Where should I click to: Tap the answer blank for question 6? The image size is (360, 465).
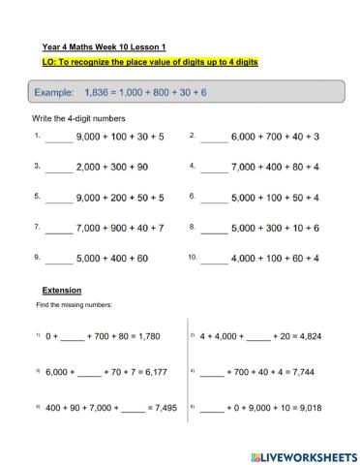(x=214, y=199)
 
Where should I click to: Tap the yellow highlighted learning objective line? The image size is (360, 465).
(x=150, y=61)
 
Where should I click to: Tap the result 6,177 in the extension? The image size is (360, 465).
(x=150, y=372)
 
